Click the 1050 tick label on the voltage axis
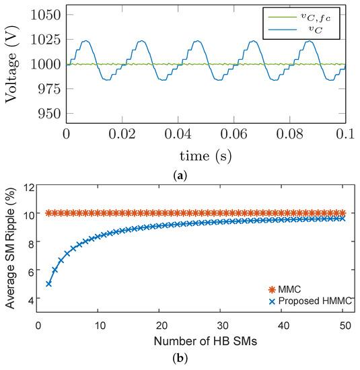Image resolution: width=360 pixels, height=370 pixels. [46, 15]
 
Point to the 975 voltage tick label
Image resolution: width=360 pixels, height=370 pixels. [50, 89]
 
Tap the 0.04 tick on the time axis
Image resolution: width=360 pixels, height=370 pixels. [178, 134]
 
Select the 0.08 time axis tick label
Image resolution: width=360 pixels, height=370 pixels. [289, 134]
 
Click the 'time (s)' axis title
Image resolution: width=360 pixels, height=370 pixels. [206, 156]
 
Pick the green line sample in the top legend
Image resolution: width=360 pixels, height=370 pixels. [283, 17]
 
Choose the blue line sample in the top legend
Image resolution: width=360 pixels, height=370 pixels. [283, 30]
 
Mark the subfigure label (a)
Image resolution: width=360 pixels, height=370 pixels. [180, 176]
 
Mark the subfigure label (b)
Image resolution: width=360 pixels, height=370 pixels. [180, 359]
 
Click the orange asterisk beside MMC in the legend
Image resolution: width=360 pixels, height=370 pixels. [272, 289]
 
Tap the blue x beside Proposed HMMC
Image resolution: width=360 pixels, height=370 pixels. [272, 301]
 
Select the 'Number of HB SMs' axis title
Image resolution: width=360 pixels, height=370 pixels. [205, 341]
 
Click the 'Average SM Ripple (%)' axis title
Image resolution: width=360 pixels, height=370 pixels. [10, 248]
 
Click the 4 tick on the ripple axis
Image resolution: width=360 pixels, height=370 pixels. [32, 298]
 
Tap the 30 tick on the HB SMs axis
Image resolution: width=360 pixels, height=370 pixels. [223, 326]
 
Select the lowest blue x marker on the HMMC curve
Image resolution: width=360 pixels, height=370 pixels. [48, 284]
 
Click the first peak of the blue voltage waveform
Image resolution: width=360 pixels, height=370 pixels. [85, 41]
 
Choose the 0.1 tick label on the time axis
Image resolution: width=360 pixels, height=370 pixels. [345, 134]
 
